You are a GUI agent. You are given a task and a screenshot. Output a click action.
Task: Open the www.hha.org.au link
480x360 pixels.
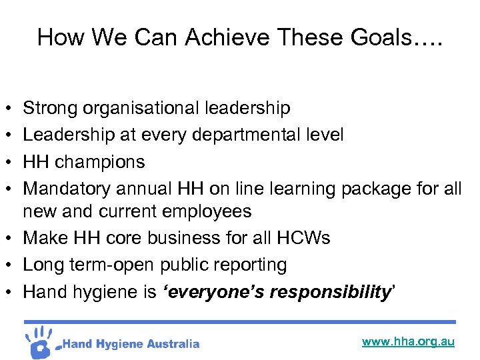[x=408, y=341]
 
